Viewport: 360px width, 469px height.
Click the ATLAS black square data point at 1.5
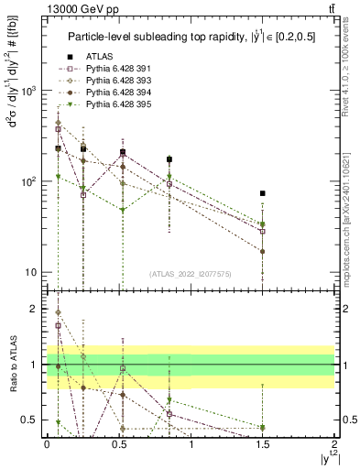[263, 193]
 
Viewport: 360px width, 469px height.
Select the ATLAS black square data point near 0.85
[169, 159]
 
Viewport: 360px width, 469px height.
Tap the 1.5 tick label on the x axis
[263, 443]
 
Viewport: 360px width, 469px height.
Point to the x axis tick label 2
[334, 443]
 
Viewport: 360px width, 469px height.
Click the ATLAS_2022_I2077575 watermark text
[191, 273]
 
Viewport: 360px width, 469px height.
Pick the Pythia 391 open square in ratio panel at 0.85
[169, 414]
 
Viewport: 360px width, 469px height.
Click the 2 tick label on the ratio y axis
[37, 309]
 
